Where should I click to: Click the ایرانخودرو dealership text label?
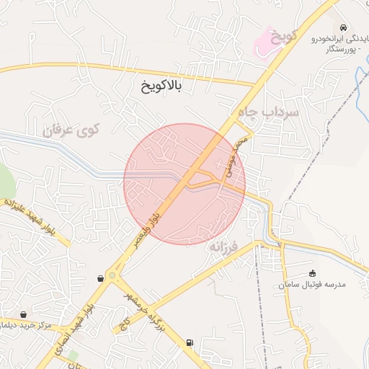pos(337,38)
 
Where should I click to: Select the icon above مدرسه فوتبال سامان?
pos(312,272)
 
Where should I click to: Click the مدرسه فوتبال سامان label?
pos(312,285)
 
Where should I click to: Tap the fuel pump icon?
pos(190,342)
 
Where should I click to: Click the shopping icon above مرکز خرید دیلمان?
pos(25,314)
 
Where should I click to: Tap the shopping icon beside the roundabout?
pos(99,277)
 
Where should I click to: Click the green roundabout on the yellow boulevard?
pos(111,275)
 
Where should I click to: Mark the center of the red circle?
pos(184,184)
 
